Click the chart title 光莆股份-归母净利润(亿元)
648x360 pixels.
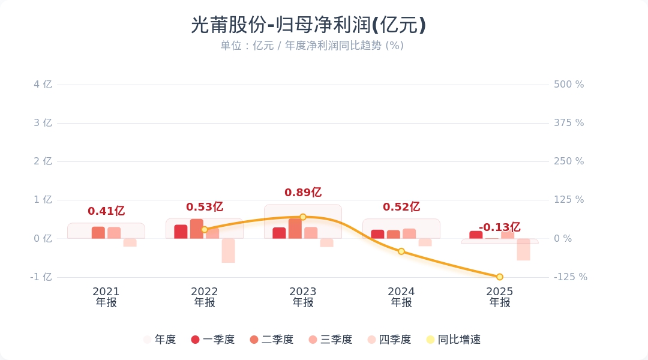(308, 25)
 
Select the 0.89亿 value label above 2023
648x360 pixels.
(303, 193)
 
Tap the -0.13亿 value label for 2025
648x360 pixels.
(499, 227)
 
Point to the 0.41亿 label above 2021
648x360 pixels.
(106, 211)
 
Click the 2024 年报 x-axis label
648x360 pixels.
(401, 297)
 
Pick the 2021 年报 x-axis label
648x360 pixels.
(106, 297)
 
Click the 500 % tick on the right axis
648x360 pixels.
(568, 85)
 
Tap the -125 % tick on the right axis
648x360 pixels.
(570, 277)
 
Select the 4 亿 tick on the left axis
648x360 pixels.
(43, 85)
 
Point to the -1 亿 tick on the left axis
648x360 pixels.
(41, 277)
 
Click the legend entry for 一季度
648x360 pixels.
(212, 340)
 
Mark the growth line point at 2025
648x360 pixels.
(500, 277)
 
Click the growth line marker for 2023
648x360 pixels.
(303, 217)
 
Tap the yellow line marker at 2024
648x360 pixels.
(401, 251)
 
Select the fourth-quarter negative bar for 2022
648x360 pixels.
(228, 250)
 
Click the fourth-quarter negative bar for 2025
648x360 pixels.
(523, 249)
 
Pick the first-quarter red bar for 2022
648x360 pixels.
(181, 232)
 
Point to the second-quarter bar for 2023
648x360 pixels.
(295, 229)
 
